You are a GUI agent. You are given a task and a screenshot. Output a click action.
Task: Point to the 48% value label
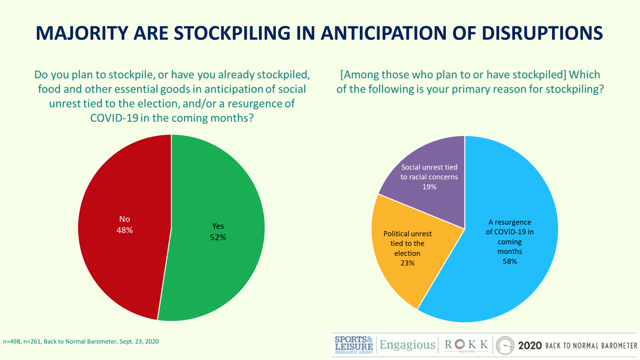click(125, 230)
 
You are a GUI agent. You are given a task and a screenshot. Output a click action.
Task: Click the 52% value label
click(218, 237)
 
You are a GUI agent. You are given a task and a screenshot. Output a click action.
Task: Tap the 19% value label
click(429, 187)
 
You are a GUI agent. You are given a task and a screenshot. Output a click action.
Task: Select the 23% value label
click(407, 263)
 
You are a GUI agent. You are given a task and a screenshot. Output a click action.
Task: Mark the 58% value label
click(510, 262)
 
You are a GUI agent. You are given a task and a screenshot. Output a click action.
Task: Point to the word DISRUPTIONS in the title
click(542, 33)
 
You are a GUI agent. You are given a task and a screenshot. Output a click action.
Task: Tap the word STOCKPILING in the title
click(232, 33)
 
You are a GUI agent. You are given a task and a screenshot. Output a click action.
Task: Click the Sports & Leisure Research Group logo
click(354, 345)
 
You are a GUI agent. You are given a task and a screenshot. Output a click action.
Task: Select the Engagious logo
click(407, 345)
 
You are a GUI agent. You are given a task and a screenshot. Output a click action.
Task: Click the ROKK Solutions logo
click(466, 345)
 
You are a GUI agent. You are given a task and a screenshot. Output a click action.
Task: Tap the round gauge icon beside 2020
click(505, 346)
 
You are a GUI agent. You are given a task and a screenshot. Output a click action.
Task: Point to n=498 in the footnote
click(12, 342)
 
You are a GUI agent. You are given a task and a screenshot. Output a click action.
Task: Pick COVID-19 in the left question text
click(114, 118)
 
